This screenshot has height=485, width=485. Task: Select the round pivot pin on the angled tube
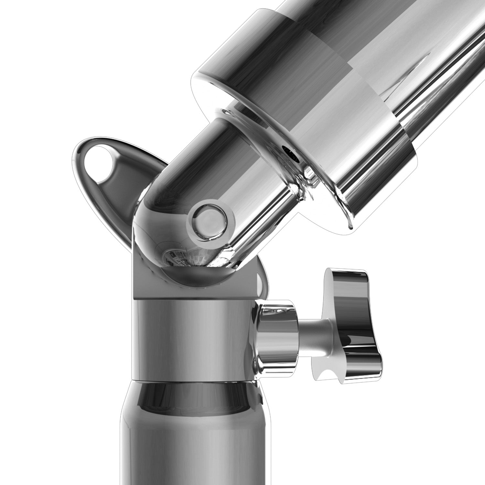point(209,221)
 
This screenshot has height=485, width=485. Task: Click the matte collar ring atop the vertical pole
point(194,339)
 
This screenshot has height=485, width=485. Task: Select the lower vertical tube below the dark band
point(194,453)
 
